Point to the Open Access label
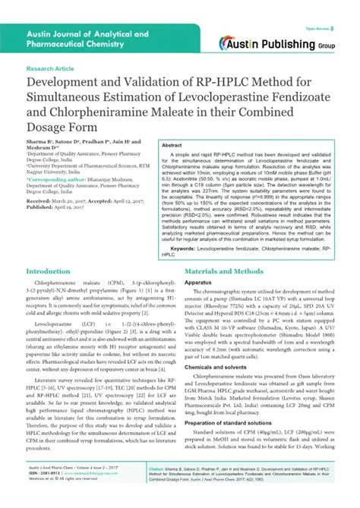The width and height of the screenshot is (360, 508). [x=317, y=27]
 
